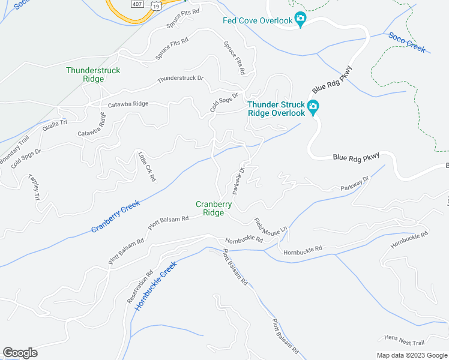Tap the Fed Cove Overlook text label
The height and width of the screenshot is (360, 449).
point(257,20)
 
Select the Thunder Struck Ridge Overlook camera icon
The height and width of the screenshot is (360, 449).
point(313,108)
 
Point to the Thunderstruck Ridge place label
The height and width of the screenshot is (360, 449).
point(93,74)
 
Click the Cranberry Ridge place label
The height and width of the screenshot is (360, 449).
point(214,208)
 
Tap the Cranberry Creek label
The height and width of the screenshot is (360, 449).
point(115,217)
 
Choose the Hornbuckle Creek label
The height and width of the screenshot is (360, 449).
point(155,286)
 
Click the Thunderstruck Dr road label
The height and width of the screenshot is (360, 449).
point(181,79)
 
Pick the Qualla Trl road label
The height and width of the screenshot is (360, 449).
point(55,125)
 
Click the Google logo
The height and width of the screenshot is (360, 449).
point(20,352)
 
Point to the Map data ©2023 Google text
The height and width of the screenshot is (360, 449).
point(411,355)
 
